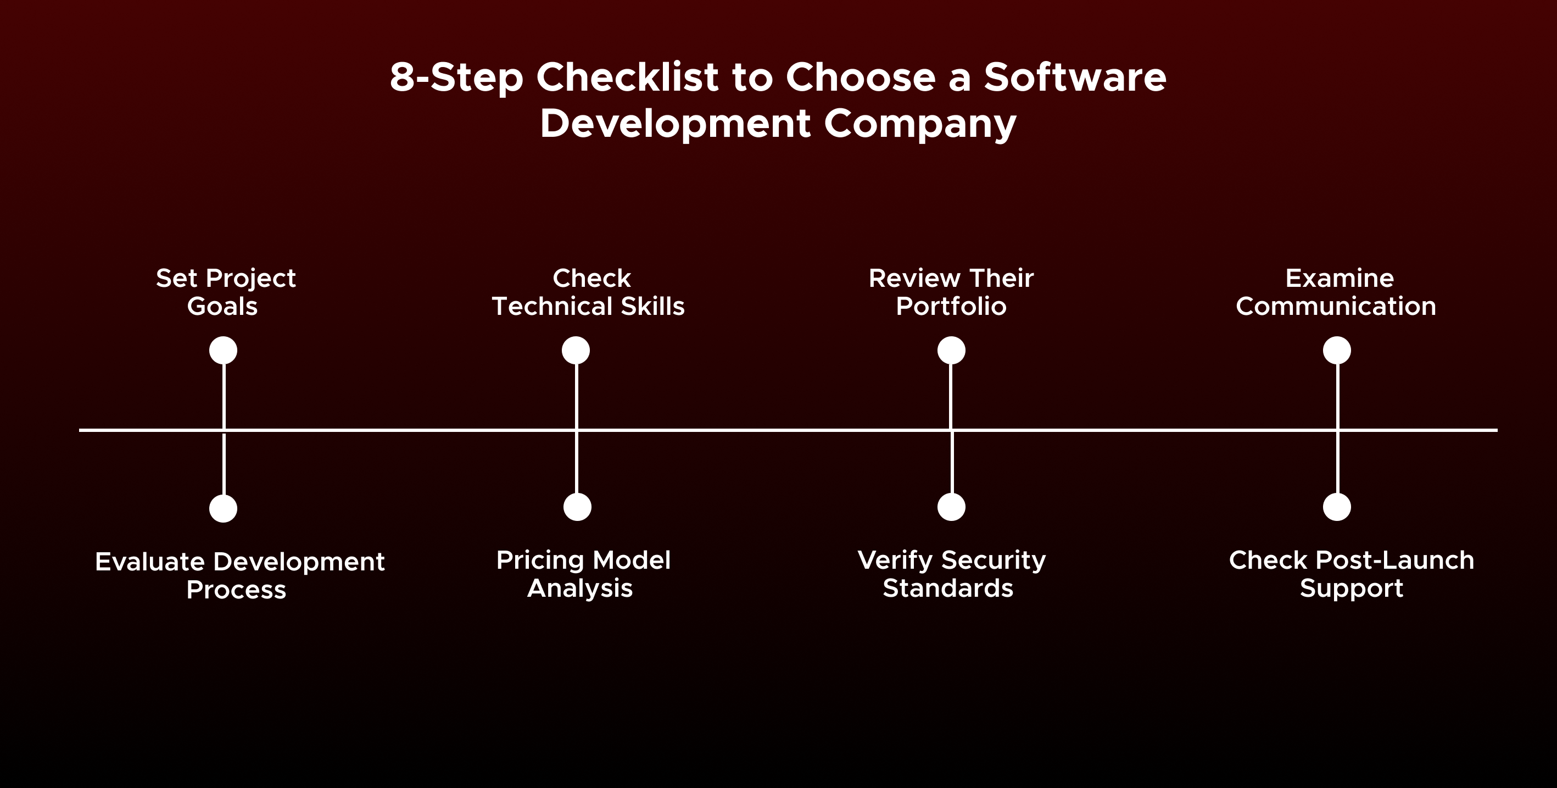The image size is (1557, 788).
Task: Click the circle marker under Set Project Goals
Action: tap(223, 351)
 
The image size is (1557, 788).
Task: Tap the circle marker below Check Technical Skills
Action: tap(576, 351)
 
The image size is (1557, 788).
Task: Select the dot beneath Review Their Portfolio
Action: tap(951, 351)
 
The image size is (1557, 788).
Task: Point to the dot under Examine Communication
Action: tap(1336, 351)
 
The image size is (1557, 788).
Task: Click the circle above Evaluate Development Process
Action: tap(223, 508)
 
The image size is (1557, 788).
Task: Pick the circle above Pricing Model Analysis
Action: tap(577, 507)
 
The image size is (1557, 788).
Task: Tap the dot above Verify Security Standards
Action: tap(951, 507)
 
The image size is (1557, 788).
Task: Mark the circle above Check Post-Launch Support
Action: tap(1336, 507)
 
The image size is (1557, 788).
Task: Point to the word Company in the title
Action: tap(920, 125)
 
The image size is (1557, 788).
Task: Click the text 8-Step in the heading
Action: tap(456, 79)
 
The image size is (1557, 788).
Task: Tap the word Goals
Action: tap(222, 307)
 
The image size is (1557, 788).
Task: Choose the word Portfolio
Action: tap(951, 307)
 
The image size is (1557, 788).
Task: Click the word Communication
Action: tap(1336, 307)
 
